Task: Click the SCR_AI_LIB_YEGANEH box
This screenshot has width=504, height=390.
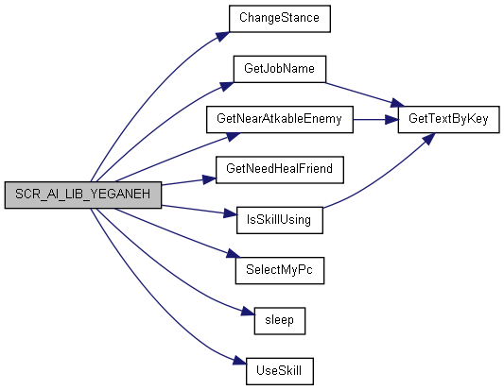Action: (x=83, y=195)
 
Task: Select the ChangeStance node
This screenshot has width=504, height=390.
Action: (x=280, y=19)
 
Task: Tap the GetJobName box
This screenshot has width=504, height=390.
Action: (x=280, y=69)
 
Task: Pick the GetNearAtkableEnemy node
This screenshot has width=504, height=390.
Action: (x=280, y=119)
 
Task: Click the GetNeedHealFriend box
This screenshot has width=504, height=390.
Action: (x=280, y=170)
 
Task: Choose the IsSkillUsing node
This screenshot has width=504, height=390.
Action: (x=280, y=220)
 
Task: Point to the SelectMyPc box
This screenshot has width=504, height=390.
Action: (x=280, y=270)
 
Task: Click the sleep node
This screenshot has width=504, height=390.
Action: (x=280, y=321)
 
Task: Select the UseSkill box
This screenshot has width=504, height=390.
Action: (x=280, y=371)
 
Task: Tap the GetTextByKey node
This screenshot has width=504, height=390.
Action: (x=449, y=119)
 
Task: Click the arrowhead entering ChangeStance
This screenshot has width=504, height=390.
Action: (x=223, y=36)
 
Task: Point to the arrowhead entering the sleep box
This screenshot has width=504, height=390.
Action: (x=248, y=312)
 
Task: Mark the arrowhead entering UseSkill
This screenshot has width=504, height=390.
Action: (x=240, y=361)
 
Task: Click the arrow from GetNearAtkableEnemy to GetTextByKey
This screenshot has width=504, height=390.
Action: (x=375, y=120)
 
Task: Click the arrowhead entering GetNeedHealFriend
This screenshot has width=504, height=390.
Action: (x=210, y=179)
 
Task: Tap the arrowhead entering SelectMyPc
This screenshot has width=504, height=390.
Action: (x=233, y=254)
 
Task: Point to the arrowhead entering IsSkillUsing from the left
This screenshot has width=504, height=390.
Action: (x=230, y=213)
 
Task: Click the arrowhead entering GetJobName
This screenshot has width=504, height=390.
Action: (x=227, y=87)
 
